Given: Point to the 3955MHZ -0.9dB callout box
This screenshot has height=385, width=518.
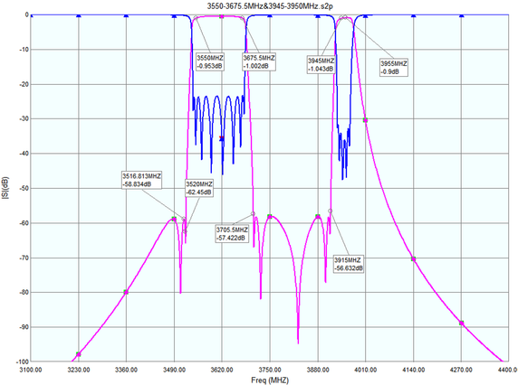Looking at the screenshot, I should click(393, 68).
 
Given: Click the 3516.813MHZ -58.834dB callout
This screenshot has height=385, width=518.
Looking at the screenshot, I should click(143, 179).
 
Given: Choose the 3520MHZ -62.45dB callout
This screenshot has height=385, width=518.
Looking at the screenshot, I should click(197, 187).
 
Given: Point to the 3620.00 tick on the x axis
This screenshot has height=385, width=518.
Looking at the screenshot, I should click(222, 369).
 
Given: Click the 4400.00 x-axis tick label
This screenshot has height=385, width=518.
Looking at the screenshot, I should click(503, 369).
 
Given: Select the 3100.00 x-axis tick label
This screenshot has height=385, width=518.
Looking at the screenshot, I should click(31, 369).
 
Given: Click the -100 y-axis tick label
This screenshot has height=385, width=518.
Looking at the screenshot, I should click(17, 361).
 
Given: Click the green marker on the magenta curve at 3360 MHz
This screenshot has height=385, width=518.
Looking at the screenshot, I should click(126, 292).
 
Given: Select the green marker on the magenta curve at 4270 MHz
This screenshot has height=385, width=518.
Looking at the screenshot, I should click(462, 323).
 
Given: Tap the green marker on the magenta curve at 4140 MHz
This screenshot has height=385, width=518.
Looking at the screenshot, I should click(414, 259).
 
